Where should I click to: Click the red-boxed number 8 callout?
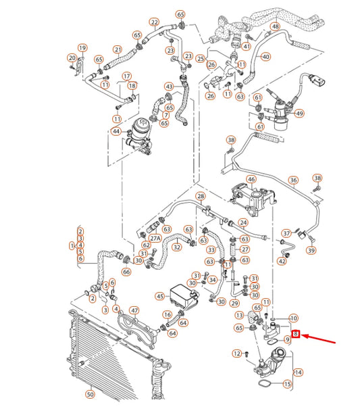coord(296,334)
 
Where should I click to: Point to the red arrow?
coord(319,339)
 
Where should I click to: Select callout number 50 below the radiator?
coord(91,394)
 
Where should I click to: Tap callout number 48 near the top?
coord(276,26)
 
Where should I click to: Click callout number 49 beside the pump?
coord(299,114)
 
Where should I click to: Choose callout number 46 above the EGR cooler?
coord(251,179)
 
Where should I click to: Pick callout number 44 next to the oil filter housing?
coord(116,131)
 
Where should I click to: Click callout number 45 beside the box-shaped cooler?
coord(160,296)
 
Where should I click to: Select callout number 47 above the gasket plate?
coord(134,310)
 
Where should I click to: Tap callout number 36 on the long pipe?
coord(293,180)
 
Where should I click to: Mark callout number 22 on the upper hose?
coord(155,22)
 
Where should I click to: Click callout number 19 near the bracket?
coord(82,48)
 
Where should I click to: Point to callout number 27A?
coord(155,239)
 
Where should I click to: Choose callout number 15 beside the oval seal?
coord(288,384)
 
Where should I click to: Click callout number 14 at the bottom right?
coord(298,372)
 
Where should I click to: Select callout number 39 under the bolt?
coord(311,250)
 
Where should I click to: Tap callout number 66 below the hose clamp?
coord(126,272)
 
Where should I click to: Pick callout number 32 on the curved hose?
coord(177,247)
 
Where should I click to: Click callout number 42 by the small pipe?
coord(282,261)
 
